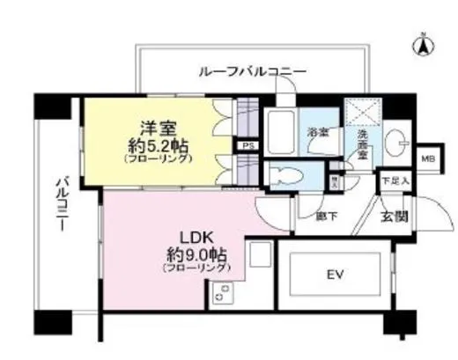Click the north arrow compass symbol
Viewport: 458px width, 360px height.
point(422,41)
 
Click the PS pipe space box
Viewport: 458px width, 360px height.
point(248,147)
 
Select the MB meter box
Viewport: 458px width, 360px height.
point(428,159)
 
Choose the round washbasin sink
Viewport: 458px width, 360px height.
point(395,140)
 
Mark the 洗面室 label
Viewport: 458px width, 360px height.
point(363,144)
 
